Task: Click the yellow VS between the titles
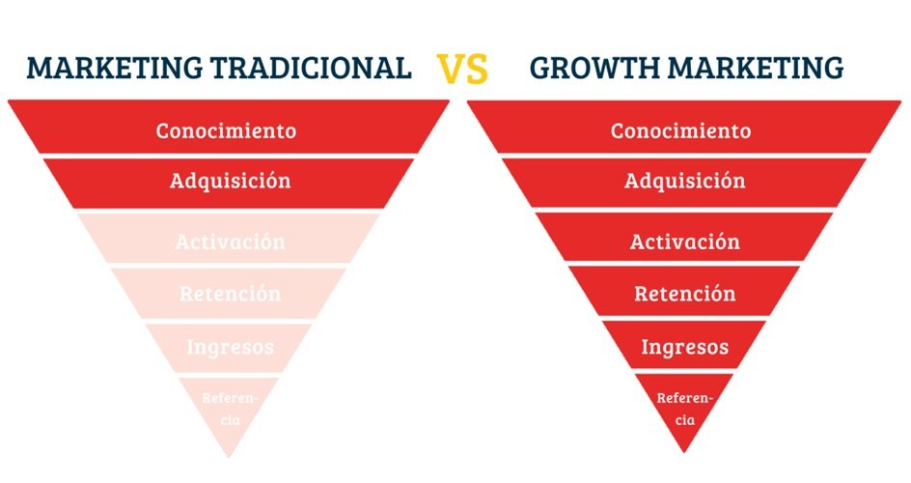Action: pyautogui.click(x=462, y=69)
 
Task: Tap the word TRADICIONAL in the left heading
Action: pyautogui.click(x=311, y=68)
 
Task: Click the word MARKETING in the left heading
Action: pyautogui.click(x=115, y=68)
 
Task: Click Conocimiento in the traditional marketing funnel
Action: pyautogui.click(x=226, y=130)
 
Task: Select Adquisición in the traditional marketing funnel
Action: pyautogui.click(x=230, y=181)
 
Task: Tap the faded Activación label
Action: pyautogui.click(x=230, y=241)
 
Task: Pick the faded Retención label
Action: pyautogui.click(x=230, y=293)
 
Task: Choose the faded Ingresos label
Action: pyautogui.click(x=230, y=347)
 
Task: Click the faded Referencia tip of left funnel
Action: pyautogui.click(x=230, y=409)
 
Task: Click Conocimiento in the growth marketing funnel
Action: pyautogui.click(x=680, y=130)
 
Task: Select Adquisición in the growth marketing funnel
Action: pyautogui.click(x=685, y=181)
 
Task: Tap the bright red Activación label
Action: pyautogui.click(x=685, y=241)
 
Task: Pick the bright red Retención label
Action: pyautogui.click(x=685, y=293)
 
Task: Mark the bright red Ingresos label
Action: pyautogui.click(x=685, y=347)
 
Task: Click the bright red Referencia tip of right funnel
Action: pyautogui.click(x=684, y=409)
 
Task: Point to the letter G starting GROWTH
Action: pyautogui.click(x=539, y=68)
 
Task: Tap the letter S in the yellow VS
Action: pyautogui.click(x=477, y=69)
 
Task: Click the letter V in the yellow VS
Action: pyautogui.click(x=451, y=69)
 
